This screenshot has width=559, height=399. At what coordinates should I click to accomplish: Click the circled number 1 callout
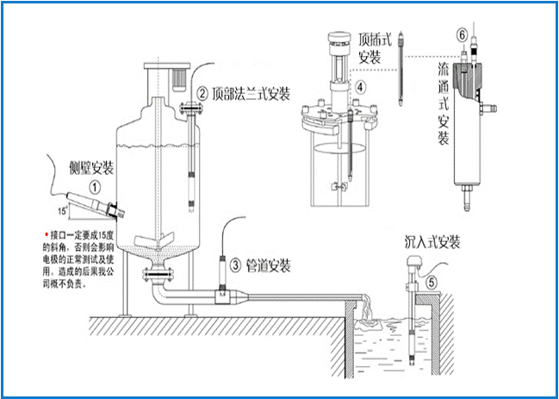coord(96,185)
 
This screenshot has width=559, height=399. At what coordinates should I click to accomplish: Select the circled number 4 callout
coord(361,85)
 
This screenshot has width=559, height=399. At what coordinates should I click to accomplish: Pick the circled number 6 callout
coord(463,34)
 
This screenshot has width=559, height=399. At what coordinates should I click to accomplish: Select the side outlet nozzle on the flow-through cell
coord(494,109)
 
